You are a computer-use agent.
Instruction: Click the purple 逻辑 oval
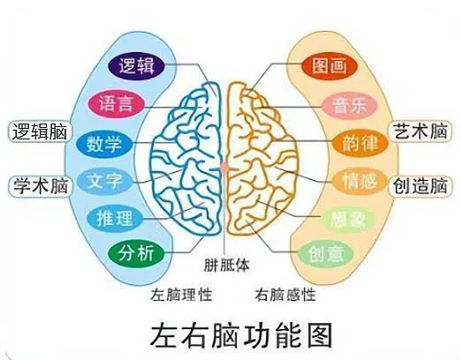click(136, 65)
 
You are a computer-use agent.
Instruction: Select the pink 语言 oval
click(116, 104)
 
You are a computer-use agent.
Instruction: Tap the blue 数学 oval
click(104, 144)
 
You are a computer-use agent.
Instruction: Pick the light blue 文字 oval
click(105, 181)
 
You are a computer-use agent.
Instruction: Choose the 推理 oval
click(115, 219)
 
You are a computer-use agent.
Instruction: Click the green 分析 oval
click(136, 253)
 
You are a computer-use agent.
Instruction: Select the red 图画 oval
click(329, 65)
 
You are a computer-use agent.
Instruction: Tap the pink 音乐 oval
click(350, 106)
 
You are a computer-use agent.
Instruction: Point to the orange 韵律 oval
click(360, 143)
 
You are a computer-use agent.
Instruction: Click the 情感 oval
click(359, 181)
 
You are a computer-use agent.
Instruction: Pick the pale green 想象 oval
click(349, 220)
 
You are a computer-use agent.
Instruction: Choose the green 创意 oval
click(326, 253)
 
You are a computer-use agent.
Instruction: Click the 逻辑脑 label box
click(40, 131)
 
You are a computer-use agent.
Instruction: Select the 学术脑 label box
click(40, 186)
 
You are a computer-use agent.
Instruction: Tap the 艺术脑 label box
click(420, 131)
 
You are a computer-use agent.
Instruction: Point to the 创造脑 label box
click(420, 185)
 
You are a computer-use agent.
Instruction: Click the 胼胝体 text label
click(227, 265)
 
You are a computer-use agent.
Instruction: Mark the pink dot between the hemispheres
click(224, 168)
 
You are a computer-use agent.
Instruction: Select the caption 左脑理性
click(181, 295)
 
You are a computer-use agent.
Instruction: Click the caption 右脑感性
click(285, 295)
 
